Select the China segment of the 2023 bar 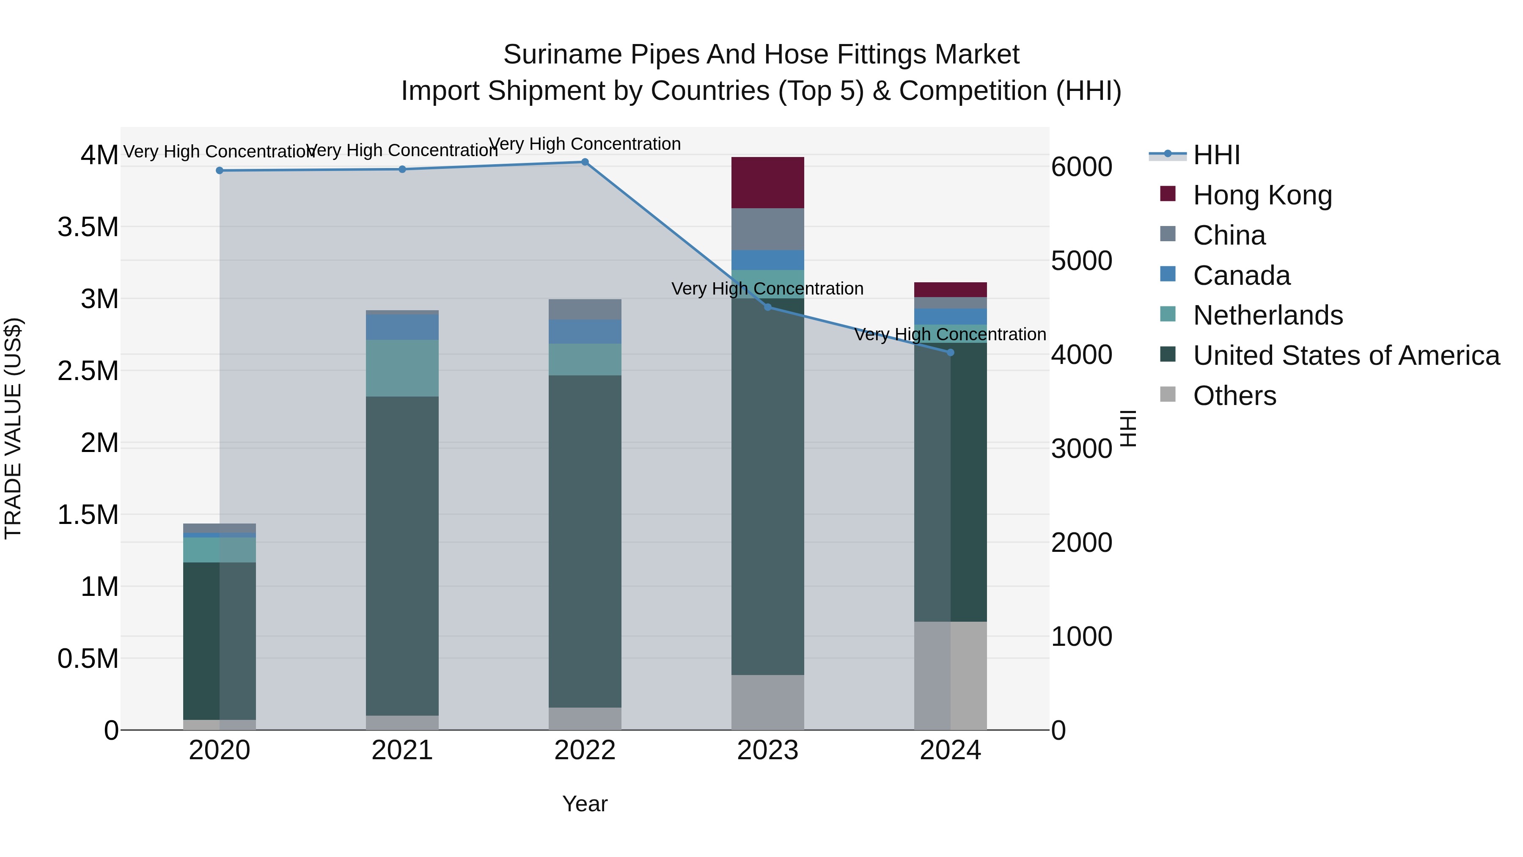[x=767, y=229]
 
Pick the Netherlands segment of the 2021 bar [x=402, y=368]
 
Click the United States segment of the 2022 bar [x=585, y=541]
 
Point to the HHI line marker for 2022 [x=585, y=162]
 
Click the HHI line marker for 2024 [x=950, y=353]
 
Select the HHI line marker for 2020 [x=219, y=170]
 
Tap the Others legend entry [x=1234, y=395]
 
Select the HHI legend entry [x=1216, y=155]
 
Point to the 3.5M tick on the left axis [x=88, y=227]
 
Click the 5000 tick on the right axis [x=1081, y=261]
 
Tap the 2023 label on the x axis [x=767, y=750]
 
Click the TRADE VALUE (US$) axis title [x=13, y=428]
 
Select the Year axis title [x=585, y=804]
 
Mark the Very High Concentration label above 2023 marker [x=767, y=289]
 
